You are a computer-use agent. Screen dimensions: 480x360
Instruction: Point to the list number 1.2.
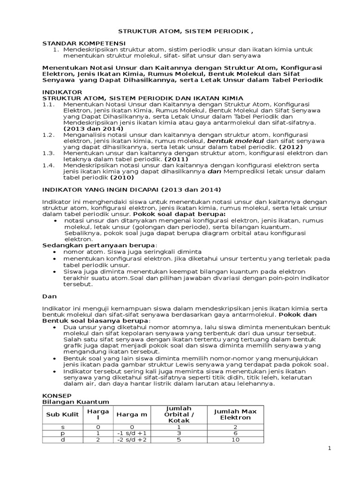(48, 135)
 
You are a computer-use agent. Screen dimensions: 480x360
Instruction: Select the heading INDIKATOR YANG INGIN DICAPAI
(131, 189)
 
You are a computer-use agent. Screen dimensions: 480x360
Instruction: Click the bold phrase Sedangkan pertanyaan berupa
(99, 245)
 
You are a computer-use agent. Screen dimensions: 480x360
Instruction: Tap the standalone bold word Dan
(49, 296)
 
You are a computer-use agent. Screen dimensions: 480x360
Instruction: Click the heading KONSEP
(56, 395)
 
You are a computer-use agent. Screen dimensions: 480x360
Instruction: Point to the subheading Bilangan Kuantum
(75, 402)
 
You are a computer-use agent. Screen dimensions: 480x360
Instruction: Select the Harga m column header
(132, 414)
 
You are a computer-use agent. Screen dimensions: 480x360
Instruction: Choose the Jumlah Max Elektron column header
(235, 414)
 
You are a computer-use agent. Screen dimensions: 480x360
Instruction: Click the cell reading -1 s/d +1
(132, 434)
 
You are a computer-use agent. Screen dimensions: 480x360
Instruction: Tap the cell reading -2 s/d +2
(132, 440)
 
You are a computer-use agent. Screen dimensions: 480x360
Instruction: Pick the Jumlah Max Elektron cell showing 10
(235, 440)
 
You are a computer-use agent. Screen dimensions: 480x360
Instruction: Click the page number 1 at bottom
(330, 449)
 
